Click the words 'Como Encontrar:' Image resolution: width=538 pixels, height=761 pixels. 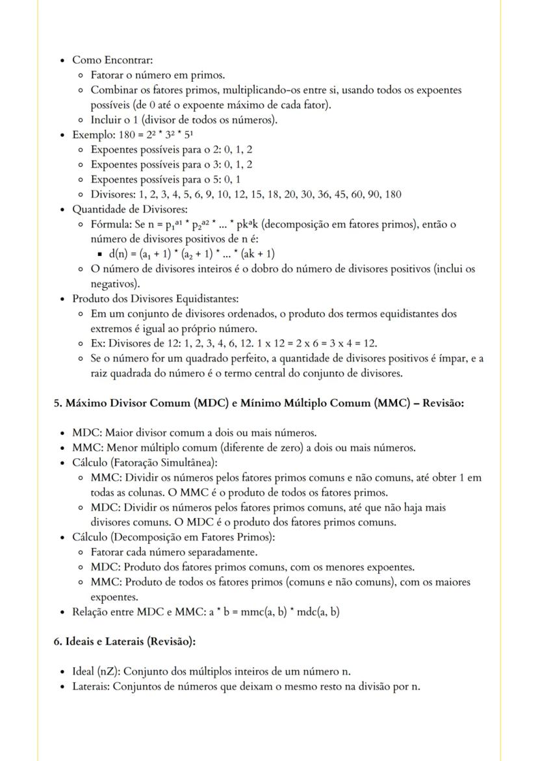(x=112, y=60)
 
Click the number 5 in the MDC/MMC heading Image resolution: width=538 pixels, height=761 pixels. (x=57, y=403)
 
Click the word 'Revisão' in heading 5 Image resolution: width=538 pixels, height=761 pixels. (x=441, y=403)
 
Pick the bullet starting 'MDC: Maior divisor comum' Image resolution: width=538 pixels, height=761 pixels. (x=194, y=432)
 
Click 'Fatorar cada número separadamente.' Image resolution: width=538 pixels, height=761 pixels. (x=173, y=552)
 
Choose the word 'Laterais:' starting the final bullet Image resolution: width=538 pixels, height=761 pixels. (x=91, y=686)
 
